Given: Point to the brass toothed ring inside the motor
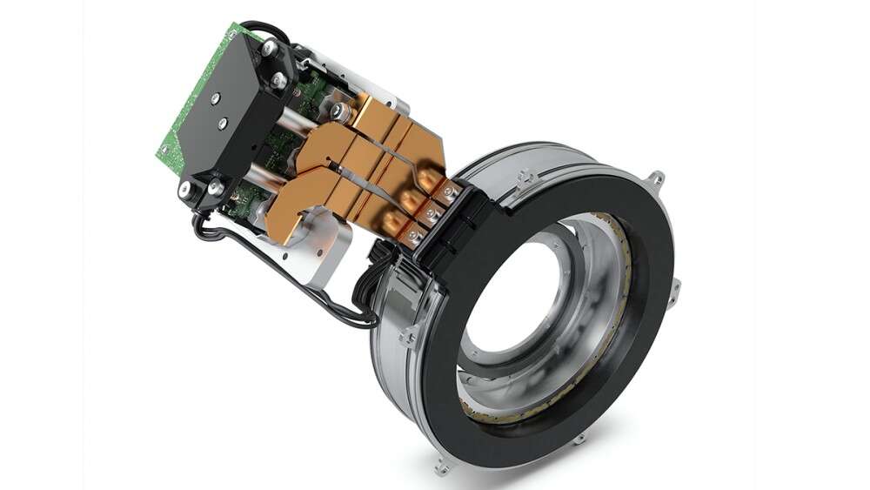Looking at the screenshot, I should tap(609, 261).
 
